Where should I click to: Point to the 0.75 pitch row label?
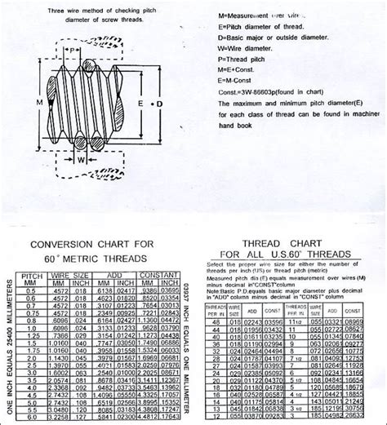(32, 312)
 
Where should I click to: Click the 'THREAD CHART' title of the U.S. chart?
(280, 243)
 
